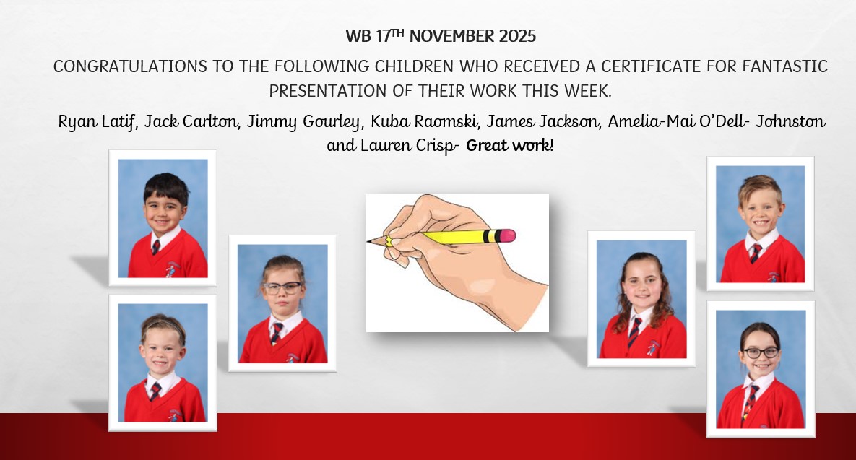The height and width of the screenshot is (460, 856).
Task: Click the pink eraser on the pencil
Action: pyautogui.click(x=508, y=235)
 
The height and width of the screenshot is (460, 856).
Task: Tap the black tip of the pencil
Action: pyautogui.click(x=370, y=240)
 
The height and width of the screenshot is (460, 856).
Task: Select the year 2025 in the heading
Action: pyautogui.click(x=517, y=36)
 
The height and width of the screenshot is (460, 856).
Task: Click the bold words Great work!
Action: pyautogui.click(x=510, y=145)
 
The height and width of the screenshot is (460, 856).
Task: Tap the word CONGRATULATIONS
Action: pyautogui.click(x=131, y=66)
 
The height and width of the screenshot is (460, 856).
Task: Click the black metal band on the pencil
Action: pyautogui.click(x=491, y=236)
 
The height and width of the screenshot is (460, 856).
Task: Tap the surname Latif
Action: pyautogui.click(x=119, y=122)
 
